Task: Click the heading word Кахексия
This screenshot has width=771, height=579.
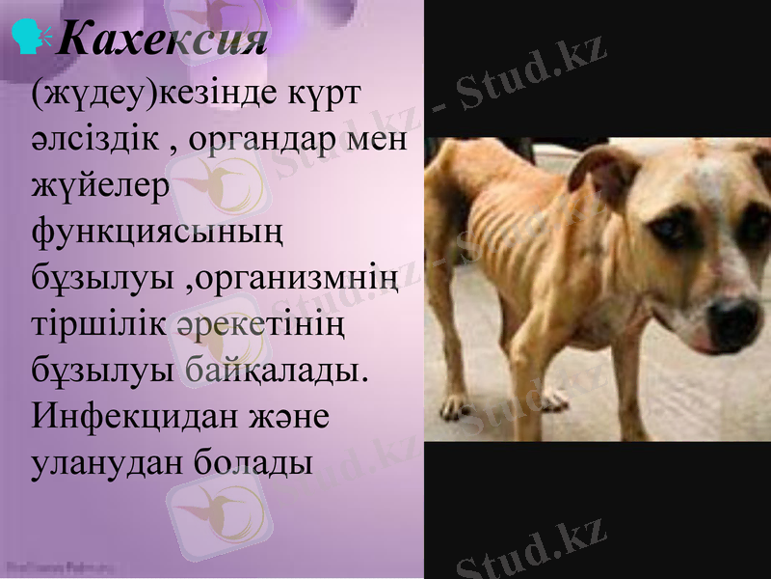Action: tap(162, 39)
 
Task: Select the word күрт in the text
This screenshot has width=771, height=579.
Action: tap(329, 96)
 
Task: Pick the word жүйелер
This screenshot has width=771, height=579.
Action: tap(100, 186)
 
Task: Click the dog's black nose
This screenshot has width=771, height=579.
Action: tap(734, 317)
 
